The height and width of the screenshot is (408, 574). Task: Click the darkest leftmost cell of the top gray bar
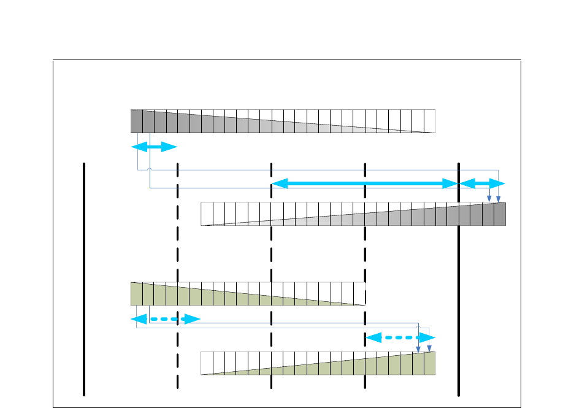[x=136, y=121]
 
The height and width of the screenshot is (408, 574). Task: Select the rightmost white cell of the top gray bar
[x=429, y=121]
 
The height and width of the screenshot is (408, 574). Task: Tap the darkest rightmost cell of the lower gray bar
[x=500, y=214]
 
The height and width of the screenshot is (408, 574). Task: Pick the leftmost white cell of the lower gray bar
[x=207, y=214]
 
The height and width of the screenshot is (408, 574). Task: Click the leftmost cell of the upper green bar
[x=136, y=294]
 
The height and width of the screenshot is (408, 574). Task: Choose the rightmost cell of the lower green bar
[x=429, y=363]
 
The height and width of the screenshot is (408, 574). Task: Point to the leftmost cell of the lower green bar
[x=207, y=363]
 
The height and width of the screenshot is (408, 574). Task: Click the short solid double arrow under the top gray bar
[x=154, y=147]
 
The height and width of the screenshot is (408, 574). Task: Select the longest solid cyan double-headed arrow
[x=365, y=184]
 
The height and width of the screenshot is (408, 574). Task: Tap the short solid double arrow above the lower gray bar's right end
[x=482, y=184]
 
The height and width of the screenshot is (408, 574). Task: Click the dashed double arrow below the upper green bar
[x=166, y=319]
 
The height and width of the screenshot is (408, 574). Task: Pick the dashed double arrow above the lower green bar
[x=400, y=337]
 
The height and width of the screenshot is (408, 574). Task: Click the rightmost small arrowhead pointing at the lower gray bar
[x=498, y=199]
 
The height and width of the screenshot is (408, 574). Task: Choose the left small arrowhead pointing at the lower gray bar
[x=489, y=199]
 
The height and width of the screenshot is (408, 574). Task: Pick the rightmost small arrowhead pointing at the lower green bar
[x=429, y=348]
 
